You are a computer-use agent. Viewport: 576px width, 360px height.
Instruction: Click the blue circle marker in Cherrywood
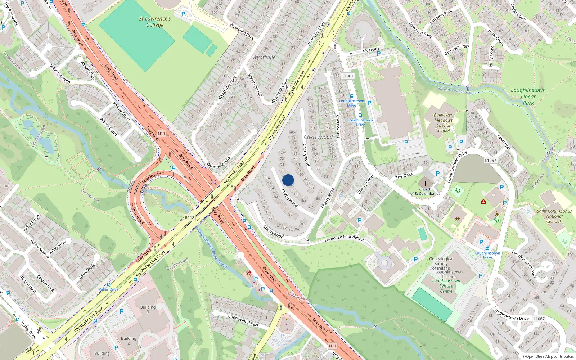(288, 180)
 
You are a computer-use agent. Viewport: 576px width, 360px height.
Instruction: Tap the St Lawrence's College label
(155, 22)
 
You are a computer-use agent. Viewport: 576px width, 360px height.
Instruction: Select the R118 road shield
(190, 218)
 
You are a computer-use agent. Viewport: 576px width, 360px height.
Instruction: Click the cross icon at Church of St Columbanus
(425, 183)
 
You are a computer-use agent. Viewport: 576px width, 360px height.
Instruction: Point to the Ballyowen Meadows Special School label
(444, 123)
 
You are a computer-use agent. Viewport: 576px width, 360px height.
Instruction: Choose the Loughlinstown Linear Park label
(528, 96)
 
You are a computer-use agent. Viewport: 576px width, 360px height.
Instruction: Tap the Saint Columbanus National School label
(554, 216)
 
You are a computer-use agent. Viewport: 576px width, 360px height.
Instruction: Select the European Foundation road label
(344, 238)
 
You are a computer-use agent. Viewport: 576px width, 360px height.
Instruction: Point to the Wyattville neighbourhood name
(264, 57)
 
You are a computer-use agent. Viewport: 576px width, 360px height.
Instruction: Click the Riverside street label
(371, 50)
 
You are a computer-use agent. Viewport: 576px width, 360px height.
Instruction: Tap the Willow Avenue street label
(60, 75)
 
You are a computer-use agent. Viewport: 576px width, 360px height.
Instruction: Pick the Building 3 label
(148, 309)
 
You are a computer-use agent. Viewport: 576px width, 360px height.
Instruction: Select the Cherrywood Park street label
(243, 320)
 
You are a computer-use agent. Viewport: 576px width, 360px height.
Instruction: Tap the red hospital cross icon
(483, 202)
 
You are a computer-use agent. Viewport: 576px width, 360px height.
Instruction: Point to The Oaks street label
(404, 176)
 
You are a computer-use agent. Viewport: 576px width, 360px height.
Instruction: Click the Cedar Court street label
(518, 13)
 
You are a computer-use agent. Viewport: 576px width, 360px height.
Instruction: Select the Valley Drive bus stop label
(108, 289)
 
